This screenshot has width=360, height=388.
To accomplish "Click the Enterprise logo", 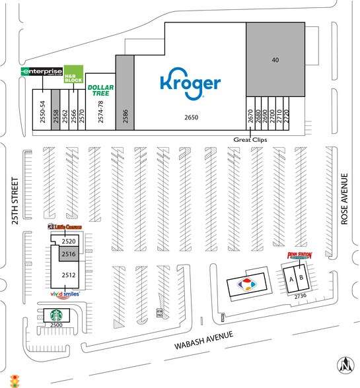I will click(x=42, y=71).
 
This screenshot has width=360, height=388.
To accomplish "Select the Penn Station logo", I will click(x=299, y=255).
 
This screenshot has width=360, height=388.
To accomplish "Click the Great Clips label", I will click(x=248, y=140).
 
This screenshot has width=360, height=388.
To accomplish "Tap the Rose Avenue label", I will click(x=343, y=200).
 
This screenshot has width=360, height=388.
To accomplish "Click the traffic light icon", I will click(x=15, y=381).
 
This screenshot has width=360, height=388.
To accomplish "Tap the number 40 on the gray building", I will click(x=276, y=60).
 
